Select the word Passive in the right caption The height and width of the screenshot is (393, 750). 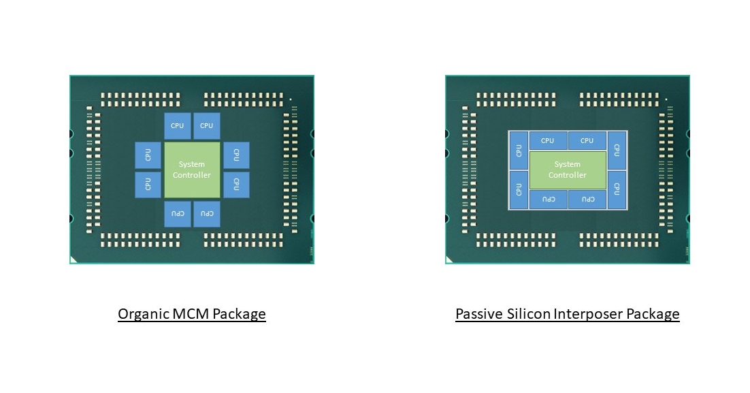(x=480, y=314)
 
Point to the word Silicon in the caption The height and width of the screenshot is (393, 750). (x=531, y=314)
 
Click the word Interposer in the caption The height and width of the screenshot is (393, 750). (x=591, y=314)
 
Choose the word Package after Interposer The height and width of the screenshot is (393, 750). (x=653, y=314)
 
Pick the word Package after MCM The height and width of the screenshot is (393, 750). (x=239, y=314)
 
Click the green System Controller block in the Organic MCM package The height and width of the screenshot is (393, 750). (x=192, y=170)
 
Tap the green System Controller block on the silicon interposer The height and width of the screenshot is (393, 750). (x=567, y=170)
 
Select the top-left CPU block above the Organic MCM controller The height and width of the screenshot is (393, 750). (x=178, y=126)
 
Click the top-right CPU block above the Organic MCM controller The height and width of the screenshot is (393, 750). (x=207, y=126)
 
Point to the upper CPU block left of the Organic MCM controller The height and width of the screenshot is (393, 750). (x=148, y=155)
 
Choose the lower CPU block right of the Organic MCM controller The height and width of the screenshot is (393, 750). (x=236, y=184)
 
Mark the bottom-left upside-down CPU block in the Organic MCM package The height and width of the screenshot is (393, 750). (x=178, y=214)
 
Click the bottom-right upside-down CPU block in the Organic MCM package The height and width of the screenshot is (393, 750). (x=207, y=214)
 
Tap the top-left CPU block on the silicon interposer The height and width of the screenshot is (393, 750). (x=547, y=141)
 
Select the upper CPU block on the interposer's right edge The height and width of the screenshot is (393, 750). (x=617, y=150)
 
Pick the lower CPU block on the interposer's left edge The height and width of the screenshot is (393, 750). (x=519, y=189)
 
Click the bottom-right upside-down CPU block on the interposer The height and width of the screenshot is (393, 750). (x=587, y=200)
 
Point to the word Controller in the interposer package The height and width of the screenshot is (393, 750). (x=567, y=175)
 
